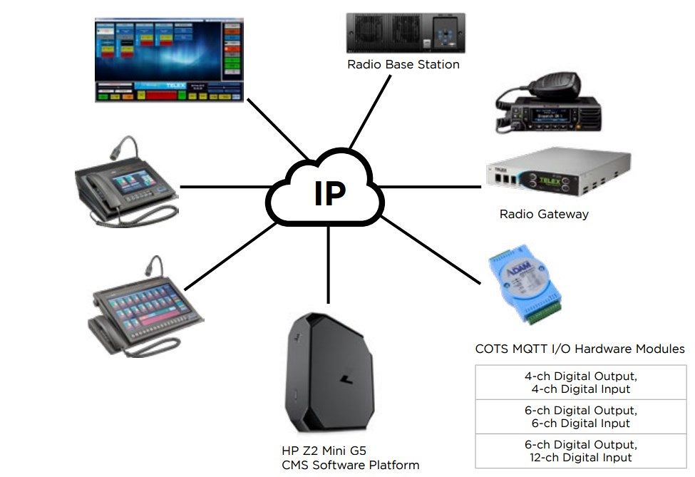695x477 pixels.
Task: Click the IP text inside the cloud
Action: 329,193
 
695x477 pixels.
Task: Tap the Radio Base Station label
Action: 403,65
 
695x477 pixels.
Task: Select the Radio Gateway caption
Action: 544,214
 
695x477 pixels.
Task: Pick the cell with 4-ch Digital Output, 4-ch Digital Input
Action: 581,383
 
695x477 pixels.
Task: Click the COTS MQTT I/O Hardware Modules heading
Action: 580,349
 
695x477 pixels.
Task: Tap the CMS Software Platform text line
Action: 350,466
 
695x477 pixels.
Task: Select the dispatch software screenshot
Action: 169,61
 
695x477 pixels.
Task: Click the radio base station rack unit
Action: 406,33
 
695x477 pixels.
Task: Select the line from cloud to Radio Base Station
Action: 371,114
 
